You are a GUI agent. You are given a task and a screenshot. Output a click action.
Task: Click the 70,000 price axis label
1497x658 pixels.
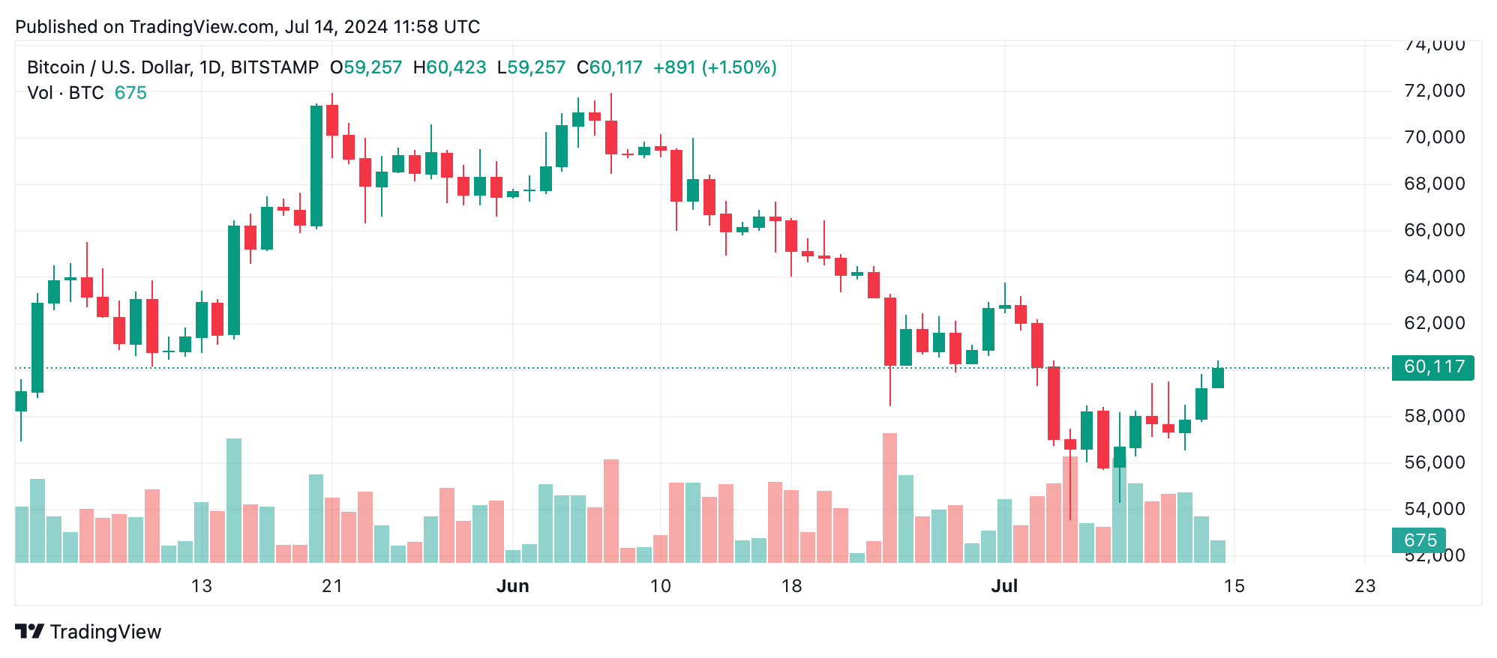pyautogui.click(x=1433, y=137)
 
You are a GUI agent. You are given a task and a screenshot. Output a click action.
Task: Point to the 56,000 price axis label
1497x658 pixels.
pyautogui.click(x=1433, y=462)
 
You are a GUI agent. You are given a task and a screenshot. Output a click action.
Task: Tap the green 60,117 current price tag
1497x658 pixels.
pyautogui.click(x=1432, y=367)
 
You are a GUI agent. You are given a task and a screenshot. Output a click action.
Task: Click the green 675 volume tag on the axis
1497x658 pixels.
pyautogui.click(x=1419, y=540)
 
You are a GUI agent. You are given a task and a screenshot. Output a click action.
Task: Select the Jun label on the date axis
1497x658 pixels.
pyautogui.click(x=512, y=586)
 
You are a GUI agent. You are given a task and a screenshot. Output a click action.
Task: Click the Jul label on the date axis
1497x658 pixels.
pyautogui.click(x=1003, y=586)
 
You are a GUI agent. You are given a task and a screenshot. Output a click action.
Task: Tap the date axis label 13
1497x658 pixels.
pyautogui.click(x=201, y=586)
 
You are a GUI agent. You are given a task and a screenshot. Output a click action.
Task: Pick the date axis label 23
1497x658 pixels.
pyautogui.click(x=1364, y=586)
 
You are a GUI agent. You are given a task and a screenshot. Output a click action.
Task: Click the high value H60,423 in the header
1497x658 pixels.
pyautogui.click(x=449, y=67)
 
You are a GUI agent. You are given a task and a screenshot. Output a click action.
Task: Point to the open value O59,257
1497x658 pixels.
pyautogui.click(x=366, y=67)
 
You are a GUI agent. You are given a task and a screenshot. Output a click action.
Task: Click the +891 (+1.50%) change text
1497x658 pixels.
pyautogui.click(x=714, y=67)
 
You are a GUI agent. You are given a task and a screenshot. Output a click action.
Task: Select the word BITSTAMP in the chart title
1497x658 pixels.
pyautogui.click(x=274, y=67)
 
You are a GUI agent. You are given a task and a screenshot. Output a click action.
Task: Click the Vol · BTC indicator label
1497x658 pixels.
pyautogui.click(x=66, y=93)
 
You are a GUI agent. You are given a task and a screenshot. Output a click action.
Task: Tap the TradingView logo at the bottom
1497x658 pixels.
pyautogui.click(x=88, y=632)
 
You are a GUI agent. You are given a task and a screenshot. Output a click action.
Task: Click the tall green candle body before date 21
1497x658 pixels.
pyautogui.click(x=316, y=165)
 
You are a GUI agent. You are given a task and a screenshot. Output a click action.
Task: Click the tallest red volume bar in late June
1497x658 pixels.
pyautogui.click(x=889, y=498)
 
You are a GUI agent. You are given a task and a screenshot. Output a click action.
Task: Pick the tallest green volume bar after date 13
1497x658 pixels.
pyautogui.click(x=234, y=500)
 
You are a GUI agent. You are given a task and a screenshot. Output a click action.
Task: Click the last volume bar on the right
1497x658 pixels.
pyautogui.click(x=1217, y=551)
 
